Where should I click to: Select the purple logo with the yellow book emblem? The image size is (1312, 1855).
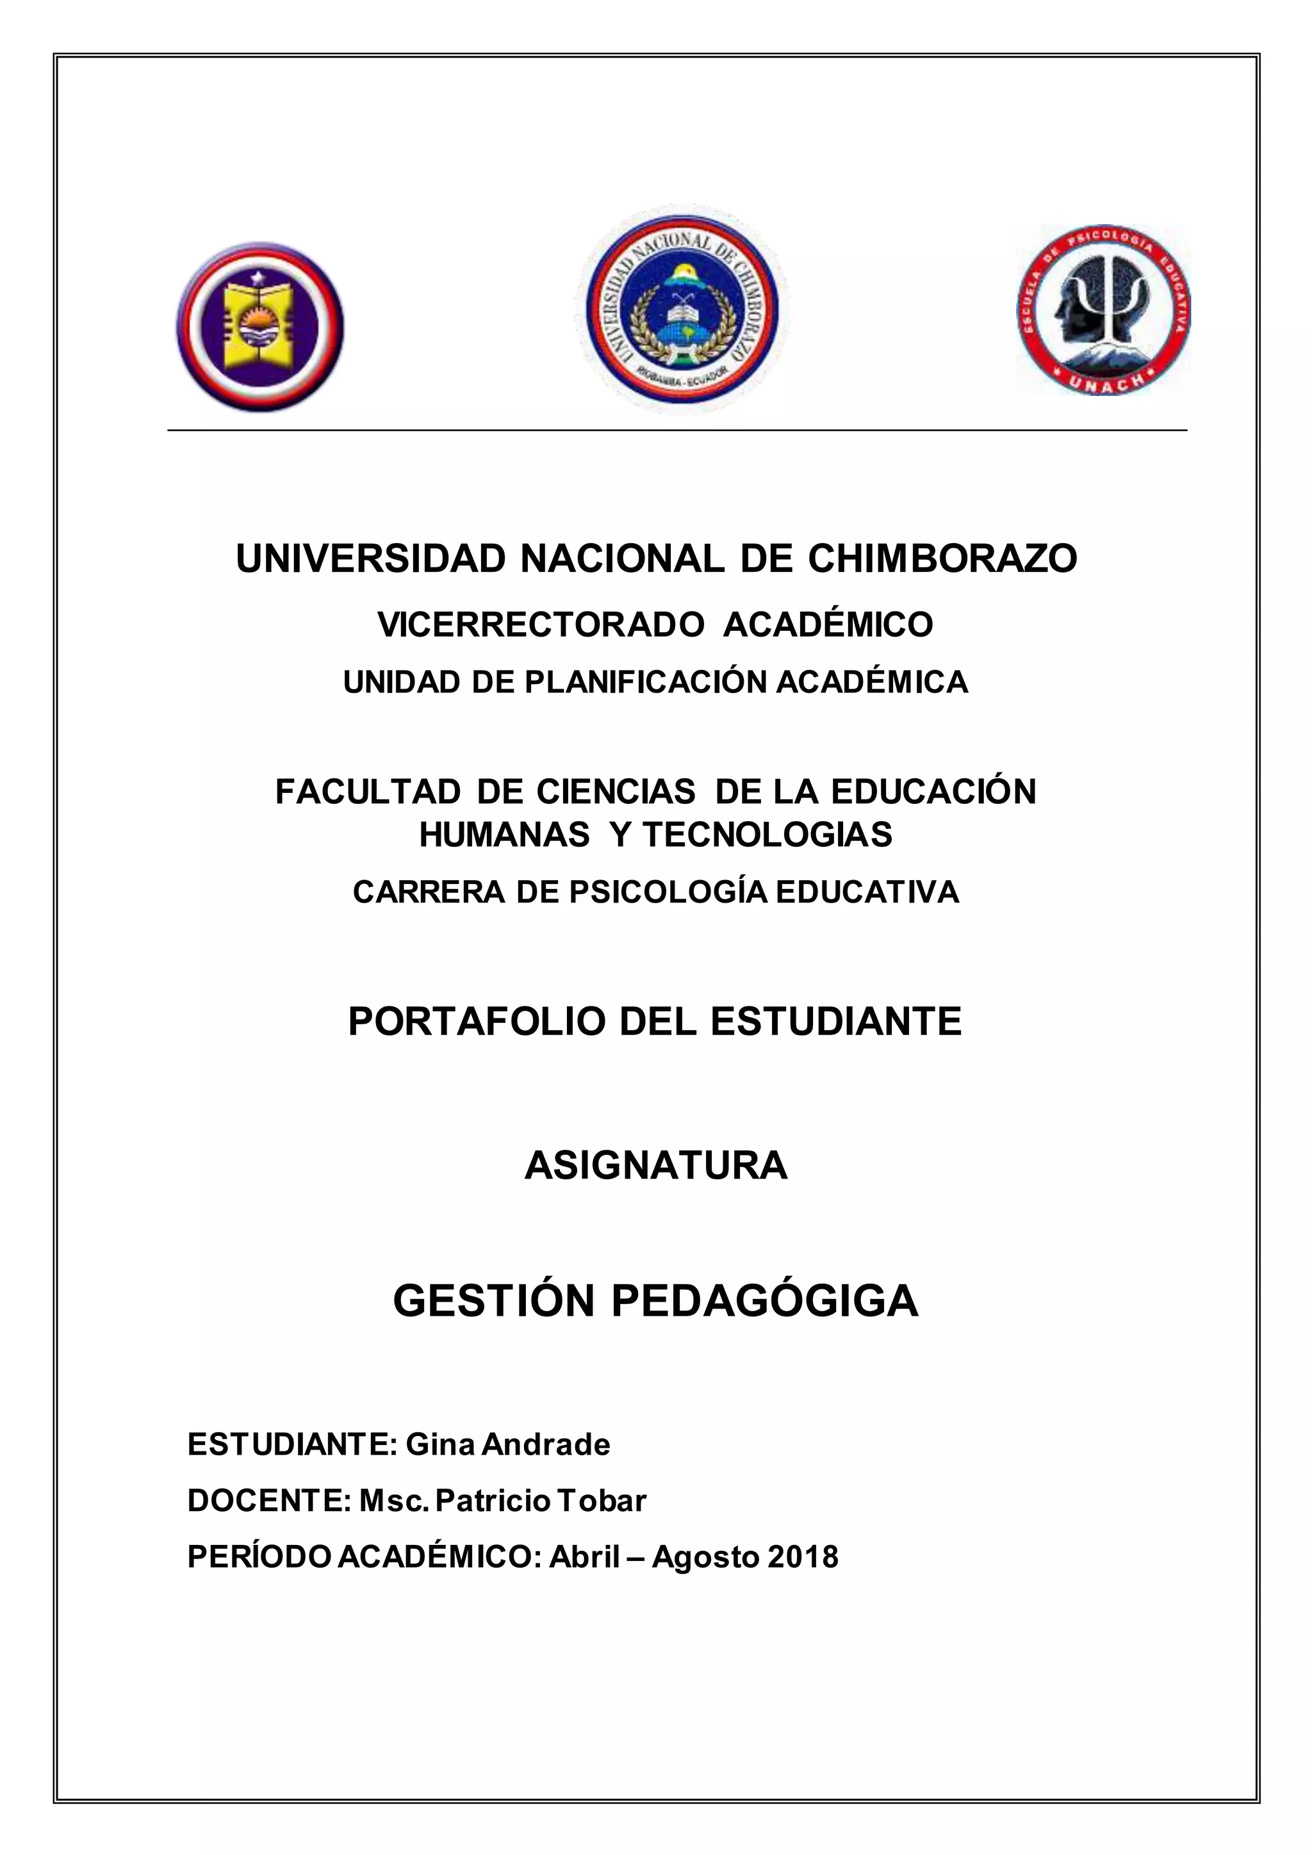point(260,327)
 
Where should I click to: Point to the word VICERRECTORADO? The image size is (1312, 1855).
point(541,625)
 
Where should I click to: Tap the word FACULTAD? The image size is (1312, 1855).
point(368,792)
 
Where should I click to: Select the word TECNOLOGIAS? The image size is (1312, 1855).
point(767,835)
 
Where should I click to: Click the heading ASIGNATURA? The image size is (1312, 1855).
point(656,1165)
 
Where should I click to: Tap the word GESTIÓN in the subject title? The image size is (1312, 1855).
point(494,1301)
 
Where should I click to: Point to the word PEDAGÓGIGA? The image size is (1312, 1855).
point(764,1301)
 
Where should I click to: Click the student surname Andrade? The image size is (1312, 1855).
point(546,1444)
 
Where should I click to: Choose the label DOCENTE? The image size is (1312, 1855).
point(269,1500)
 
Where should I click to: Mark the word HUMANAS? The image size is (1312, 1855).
point(504,835)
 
